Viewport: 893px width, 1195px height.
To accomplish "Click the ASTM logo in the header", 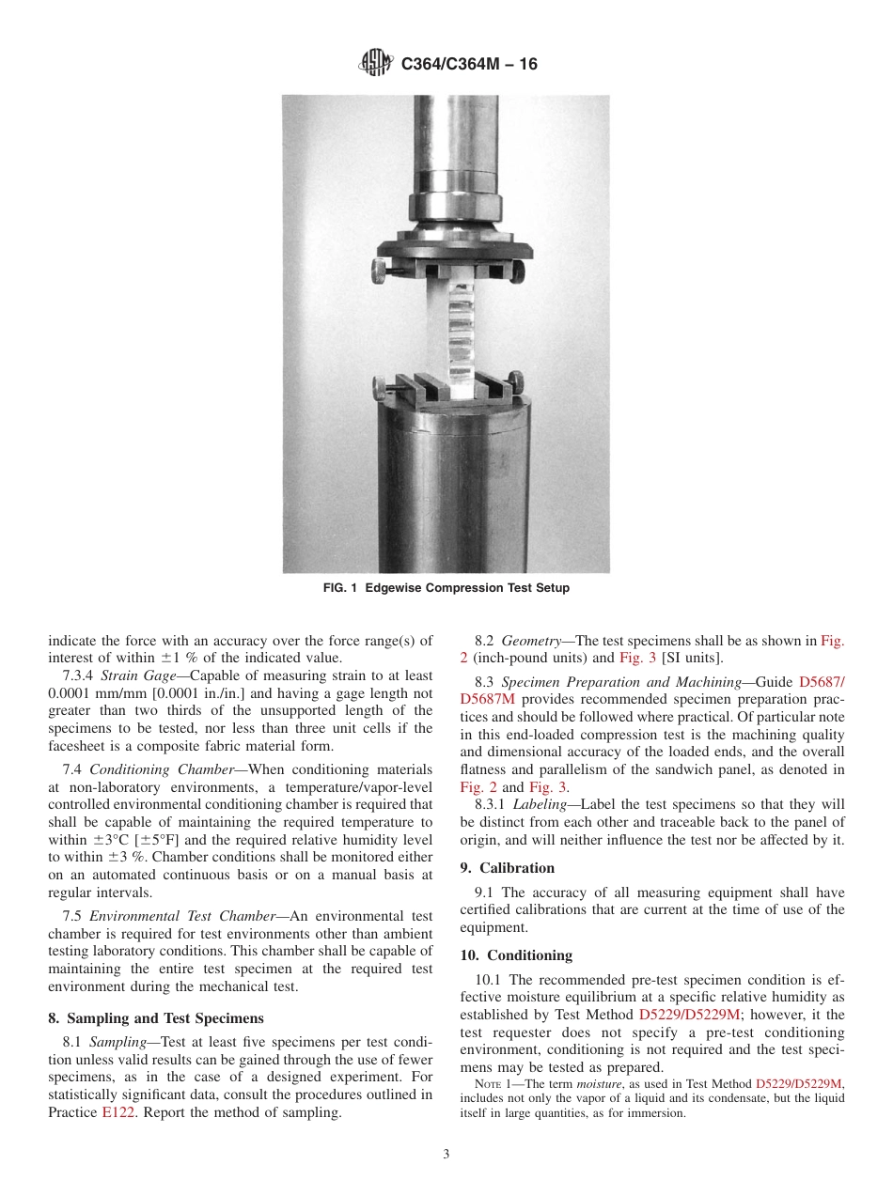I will point(377,64).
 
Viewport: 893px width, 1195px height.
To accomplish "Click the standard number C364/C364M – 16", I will point(469,65).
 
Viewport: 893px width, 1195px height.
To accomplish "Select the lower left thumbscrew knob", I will point(377,384).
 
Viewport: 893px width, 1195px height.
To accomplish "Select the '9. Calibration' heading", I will point(508,867).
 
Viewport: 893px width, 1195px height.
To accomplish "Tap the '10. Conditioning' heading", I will point(516,954).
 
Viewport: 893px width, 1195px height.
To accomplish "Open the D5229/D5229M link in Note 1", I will point(799,1083).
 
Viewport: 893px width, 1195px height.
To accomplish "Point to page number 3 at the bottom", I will point(446,1154).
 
